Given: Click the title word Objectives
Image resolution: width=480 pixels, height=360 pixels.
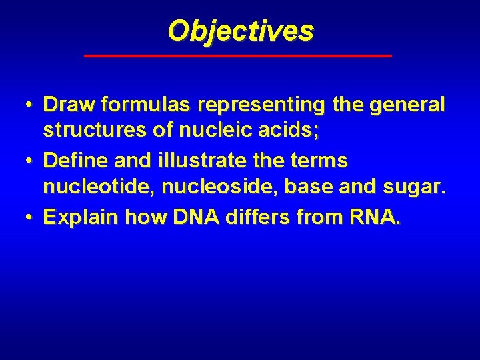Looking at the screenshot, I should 240,31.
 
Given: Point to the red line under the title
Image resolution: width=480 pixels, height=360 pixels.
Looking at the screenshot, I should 238,56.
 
